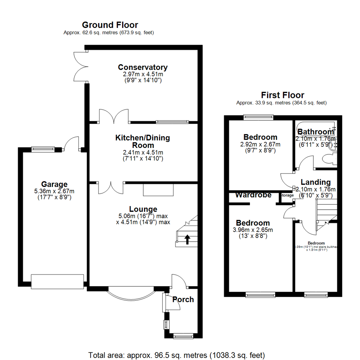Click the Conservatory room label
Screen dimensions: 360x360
pos(143,67)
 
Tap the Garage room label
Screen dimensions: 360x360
pos(54,184)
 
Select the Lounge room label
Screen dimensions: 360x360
pos(143,209)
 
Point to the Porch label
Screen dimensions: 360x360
pos(183,299)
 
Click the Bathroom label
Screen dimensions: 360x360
pos(315,132)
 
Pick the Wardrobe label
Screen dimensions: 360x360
pos(253,195)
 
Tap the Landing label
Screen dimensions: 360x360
pos(315,182)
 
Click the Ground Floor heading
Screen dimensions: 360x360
pos(110,25)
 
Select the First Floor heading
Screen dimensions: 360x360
pos(282,95)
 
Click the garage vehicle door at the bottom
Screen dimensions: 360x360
pos(57,282)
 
